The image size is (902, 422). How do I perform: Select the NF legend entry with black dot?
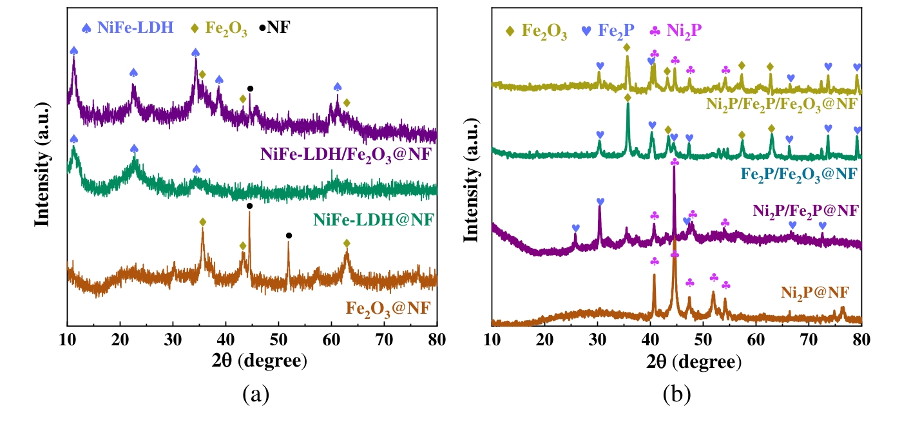(275, 29)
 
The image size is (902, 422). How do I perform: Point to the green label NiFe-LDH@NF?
(374, 220)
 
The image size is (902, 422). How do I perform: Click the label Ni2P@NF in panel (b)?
(814, 294)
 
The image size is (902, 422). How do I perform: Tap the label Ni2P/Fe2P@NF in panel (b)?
(805, 210)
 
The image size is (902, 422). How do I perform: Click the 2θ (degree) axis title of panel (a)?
(252, 361)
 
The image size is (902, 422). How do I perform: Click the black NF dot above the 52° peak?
(289, 236)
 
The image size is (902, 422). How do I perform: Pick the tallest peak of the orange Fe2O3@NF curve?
(249, 213)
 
